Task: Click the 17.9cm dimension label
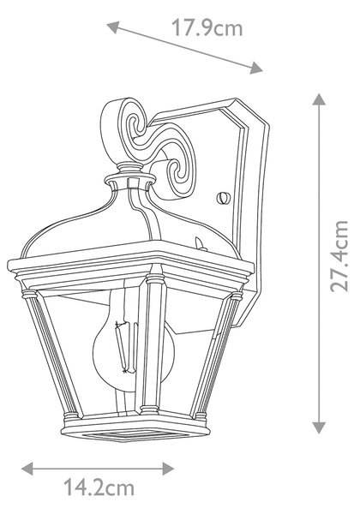point(207,27)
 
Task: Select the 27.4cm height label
point(339,255)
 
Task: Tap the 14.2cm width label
point(99,487)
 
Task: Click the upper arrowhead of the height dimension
point(319,99)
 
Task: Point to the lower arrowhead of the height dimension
point(319,427)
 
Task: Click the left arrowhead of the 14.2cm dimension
point(27,469)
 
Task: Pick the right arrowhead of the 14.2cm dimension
point(168,469)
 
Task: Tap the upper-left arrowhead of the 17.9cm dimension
point(112,27)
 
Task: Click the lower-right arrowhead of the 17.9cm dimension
point(255,68)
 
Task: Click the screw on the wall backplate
point(224,198)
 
